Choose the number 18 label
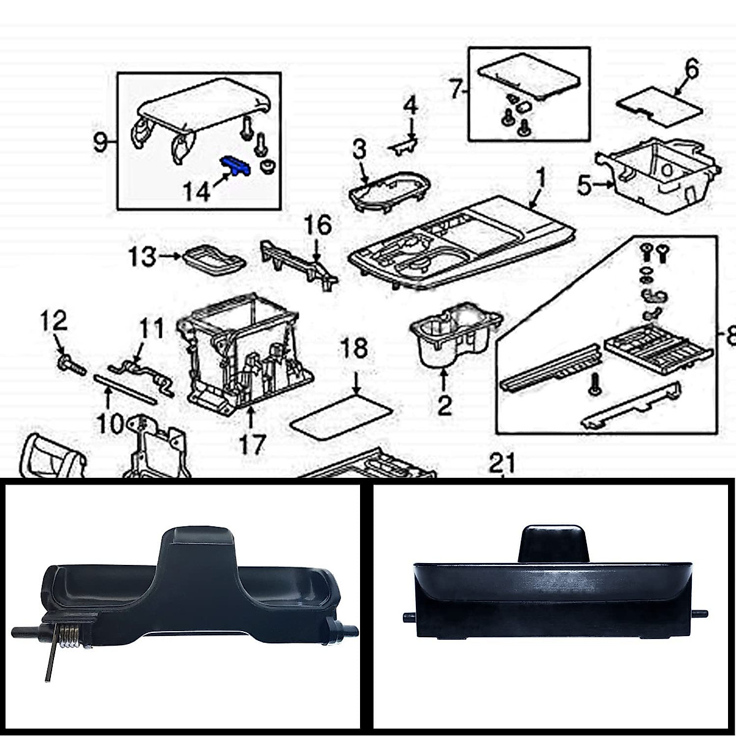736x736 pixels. pos(354,348)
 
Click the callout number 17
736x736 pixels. pos(252,444)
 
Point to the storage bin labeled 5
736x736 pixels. pos(656,175)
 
